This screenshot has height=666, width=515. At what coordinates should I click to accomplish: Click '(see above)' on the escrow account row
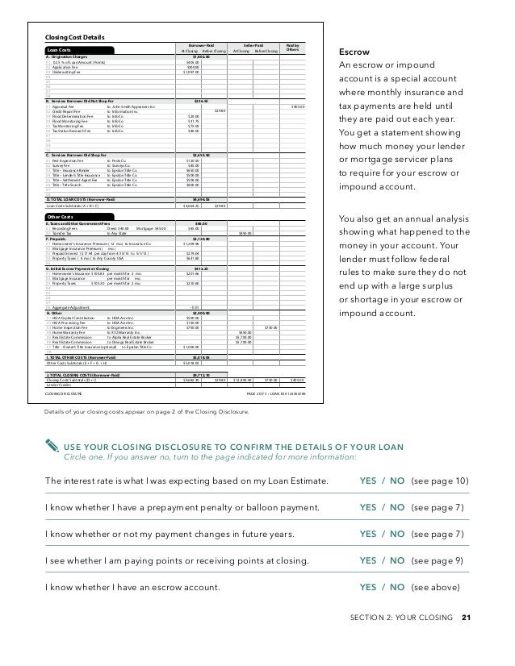tap(437, 589)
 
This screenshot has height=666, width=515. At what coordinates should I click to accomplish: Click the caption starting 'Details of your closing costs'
tap(148, 411)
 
